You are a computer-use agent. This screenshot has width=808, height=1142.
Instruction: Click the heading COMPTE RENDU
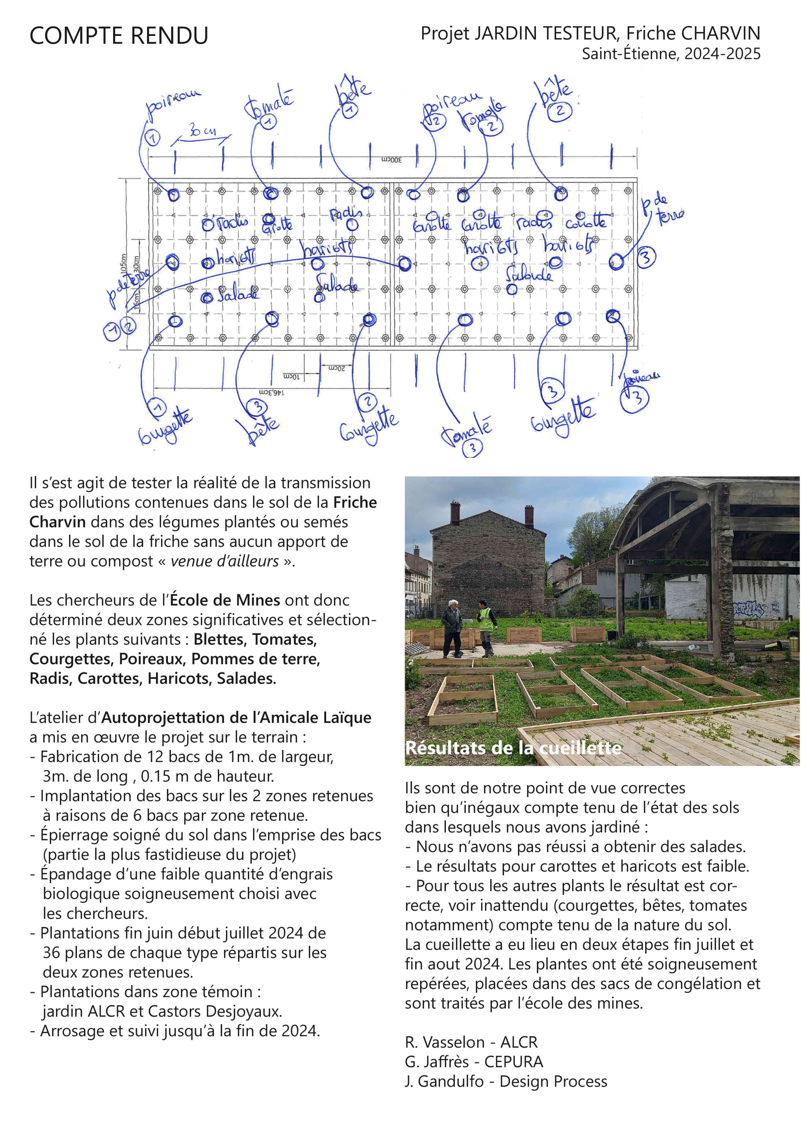coord(118,36)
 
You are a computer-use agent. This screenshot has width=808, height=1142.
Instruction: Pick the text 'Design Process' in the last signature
coord(553,1081)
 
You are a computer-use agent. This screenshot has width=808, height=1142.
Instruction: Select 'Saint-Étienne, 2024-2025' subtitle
coord(671,54)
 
